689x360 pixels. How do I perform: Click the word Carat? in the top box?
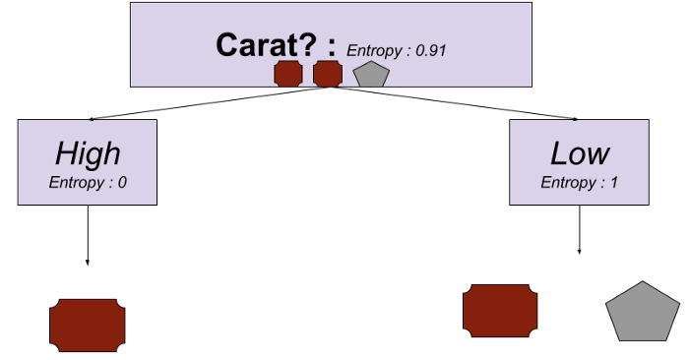pos(265,46)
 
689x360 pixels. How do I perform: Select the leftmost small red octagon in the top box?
pos(287,74)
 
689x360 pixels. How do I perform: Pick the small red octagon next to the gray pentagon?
pos(328,74)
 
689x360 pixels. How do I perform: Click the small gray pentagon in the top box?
pos(371,75)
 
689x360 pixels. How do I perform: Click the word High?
pos(88,153)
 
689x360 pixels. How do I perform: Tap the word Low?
pos(580,153)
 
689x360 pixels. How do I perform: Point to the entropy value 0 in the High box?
pos(122,182)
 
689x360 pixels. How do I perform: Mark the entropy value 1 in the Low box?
pos(614,182)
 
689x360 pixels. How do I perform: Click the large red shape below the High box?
pos(88,326)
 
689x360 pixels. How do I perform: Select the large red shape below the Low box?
pos(500,311)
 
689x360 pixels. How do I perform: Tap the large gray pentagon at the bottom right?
pos(643,313)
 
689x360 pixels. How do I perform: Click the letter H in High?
pos(66,153)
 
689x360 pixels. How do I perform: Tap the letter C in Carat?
pos(227,46)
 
